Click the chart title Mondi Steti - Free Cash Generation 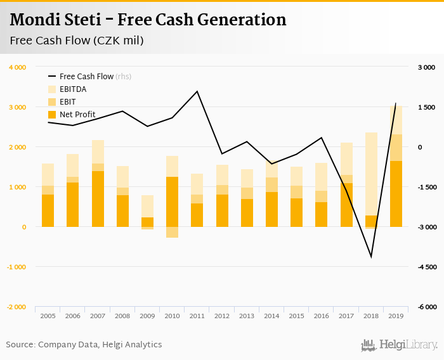[148, 20]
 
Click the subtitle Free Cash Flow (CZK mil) [77, 41]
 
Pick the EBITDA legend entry [72, 89]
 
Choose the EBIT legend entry [68, 101]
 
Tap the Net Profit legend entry [77, 114]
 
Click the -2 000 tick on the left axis [16, 307]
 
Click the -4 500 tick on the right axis [426, 267]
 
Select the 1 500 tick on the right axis [426, 107]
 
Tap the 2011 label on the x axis [197, 316]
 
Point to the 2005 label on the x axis [48, 316]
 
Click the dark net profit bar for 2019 [396, 193]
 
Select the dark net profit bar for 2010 [172, 202]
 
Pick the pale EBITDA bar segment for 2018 [371, 174]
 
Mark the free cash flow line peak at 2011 [197, 91]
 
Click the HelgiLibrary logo [400, 345]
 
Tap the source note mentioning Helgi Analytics [84, 345]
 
